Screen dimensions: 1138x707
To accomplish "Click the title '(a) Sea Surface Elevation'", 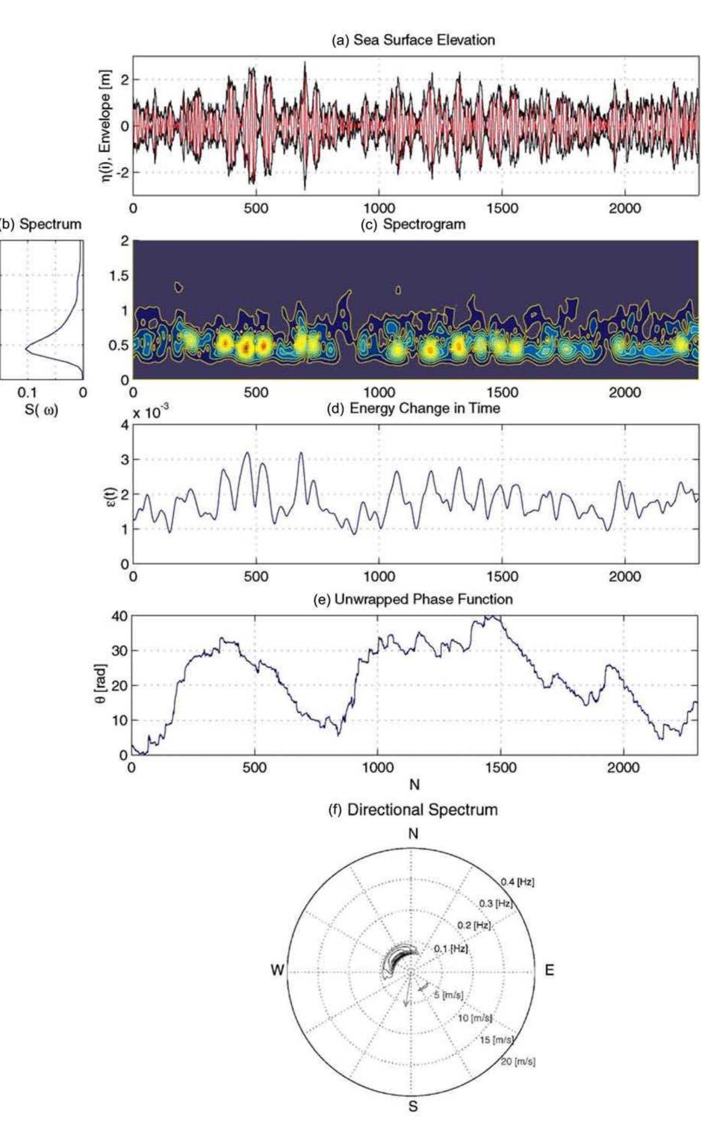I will click(413, 40).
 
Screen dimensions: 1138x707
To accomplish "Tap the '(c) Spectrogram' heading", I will click(413, 224).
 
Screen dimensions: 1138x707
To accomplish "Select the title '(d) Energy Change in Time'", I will click(413, 408).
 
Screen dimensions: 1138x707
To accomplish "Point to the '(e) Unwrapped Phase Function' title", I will click(413, 599).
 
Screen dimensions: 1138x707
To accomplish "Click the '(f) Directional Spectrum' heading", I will click(413, 810).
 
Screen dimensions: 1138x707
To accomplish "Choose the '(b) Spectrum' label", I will click(41, 224).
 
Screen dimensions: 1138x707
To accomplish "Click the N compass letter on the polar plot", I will click(413, 834).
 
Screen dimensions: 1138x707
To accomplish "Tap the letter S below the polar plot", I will click(413, 1106).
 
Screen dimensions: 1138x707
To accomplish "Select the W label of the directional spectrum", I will click(277, 970).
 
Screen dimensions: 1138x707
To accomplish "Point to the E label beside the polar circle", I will click(549, 970).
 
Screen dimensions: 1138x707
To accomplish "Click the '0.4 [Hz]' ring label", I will click(517, 882).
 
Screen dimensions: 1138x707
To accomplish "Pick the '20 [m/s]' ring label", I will click(518, 1061).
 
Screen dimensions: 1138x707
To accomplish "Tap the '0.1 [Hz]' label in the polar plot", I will click(451, 948).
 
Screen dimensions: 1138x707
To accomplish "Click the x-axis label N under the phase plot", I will click(414, 785).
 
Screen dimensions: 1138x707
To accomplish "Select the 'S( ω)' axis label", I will click(41, 410).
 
